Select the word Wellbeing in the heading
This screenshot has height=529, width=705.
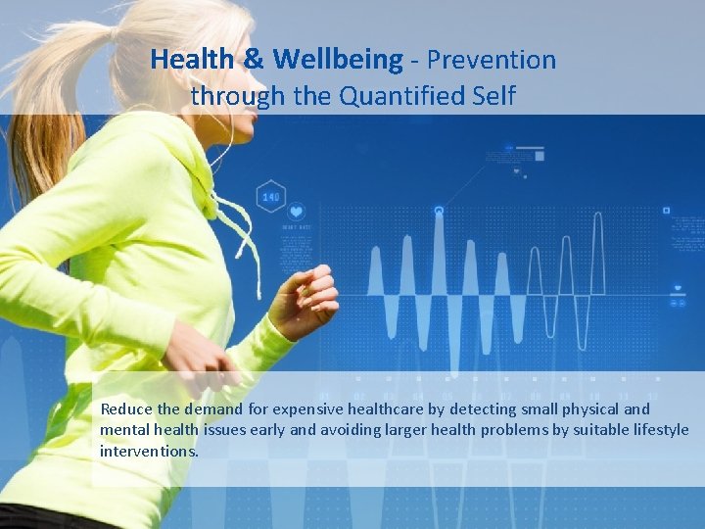[x=337, y=61]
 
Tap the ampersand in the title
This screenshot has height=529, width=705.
[x=253, y=61]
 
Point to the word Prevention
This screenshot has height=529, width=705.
[x=491, y=61]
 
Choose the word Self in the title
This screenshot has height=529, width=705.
[x=488, y=96]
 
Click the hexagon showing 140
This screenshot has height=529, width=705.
[x=270, y=197]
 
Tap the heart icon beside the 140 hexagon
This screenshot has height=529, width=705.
[x=296, y=211]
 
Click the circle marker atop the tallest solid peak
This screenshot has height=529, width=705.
[x=439, y=210]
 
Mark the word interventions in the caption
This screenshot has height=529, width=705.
[x=149, y=452]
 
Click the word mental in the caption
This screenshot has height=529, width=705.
[x=122, y=430]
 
